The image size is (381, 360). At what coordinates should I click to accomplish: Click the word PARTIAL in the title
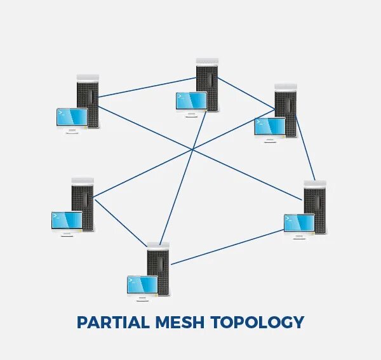112,322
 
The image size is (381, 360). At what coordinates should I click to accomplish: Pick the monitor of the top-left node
71,117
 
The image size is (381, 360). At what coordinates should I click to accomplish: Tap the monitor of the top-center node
191,101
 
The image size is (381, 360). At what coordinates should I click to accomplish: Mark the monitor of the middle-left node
67,220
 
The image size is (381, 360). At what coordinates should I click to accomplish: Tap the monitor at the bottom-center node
142,284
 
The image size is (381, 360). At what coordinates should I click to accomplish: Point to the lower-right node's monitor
299,223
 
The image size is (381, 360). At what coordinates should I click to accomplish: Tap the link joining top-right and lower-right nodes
305,146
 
